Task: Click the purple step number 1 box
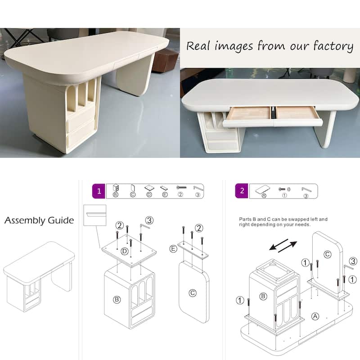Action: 99,191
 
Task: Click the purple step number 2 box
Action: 242,191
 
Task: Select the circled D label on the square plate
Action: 125,252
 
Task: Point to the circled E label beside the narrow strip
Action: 173,249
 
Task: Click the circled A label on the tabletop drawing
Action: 315,316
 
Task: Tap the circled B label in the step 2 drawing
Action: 263,296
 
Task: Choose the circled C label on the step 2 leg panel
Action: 327,254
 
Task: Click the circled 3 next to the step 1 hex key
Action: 149,220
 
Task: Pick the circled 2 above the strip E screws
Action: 199,228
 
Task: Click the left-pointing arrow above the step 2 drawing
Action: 279,244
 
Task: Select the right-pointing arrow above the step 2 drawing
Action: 288,247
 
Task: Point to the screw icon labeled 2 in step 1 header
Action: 181,188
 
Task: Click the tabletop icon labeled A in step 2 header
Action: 263,189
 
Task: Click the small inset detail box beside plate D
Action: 95,215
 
